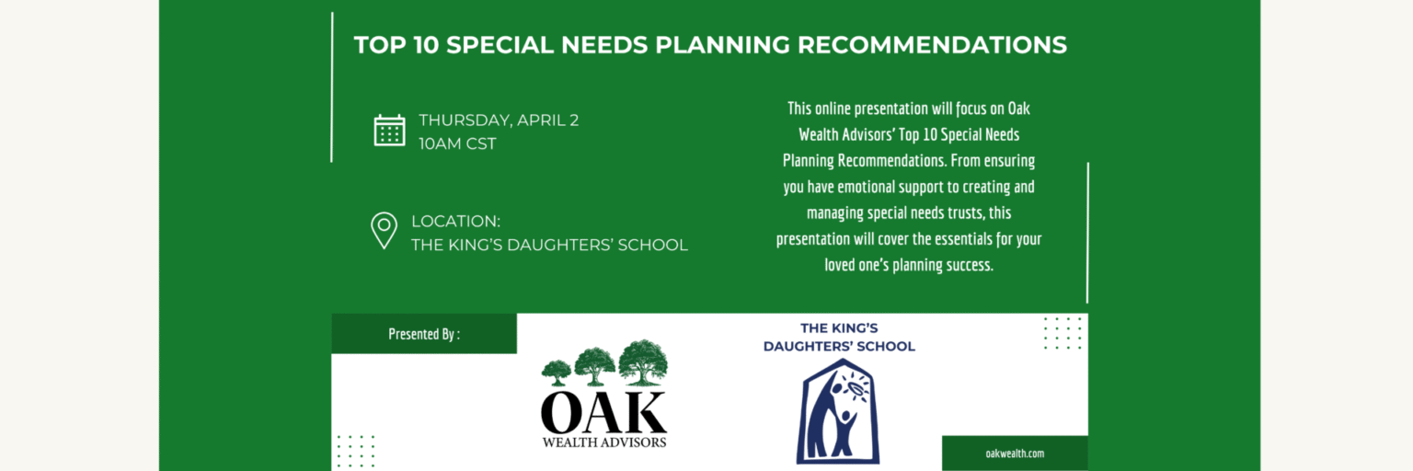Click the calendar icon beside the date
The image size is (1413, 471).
point(389,131)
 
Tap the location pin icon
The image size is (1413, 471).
point(384,231)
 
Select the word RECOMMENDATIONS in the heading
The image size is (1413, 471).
point(932,45)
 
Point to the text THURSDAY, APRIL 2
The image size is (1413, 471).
point(499,120)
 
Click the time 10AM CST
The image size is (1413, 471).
point(457,144)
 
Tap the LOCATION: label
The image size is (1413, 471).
point(455,222)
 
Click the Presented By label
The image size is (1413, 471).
point(424,334)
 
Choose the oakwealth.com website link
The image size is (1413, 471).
point(1015,454)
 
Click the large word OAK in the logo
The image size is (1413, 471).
point(603,413)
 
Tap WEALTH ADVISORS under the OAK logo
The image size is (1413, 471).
point(603,442)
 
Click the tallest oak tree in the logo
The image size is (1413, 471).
point(643,362)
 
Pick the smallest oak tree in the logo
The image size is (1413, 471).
point(556,372)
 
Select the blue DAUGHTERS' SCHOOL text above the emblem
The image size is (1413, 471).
point(839,346)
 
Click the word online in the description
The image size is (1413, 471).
point(832,109)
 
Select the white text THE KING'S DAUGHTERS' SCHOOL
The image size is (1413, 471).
point(549,245)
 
